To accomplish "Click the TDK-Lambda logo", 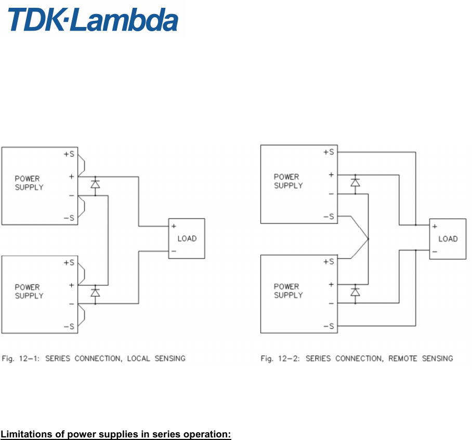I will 93,20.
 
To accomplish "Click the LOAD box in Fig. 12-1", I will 187,239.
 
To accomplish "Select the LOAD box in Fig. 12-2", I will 448,239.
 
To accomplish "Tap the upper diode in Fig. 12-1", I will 95,184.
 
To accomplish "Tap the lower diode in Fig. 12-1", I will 95,292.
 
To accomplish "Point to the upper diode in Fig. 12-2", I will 355,182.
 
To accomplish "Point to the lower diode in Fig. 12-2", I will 355,292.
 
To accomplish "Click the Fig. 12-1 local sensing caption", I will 94,358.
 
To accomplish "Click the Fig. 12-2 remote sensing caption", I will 357,358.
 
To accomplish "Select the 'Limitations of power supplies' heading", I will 116,434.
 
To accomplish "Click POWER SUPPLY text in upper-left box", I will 29,183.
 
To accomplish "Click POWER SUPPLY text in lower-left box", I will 29,291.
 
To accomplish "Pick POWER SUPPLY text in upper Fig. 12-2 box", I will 288,181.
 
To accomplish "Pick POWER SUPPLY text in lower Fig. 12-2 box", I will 288,291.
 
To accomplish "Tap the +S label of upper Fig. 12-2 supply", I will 329,152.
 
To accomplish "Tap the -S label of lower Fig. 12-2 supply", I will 329,326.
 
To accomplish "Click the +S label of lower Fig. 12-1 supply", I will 69,263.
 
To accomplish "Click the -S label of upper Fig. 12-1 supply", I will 69,218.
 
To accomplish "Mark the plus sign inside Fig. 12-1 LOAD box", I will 174,226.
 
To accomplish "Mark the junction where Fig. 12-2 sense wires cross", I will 368,239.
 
